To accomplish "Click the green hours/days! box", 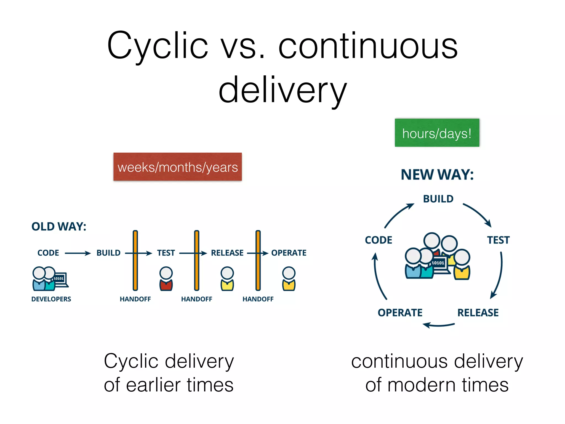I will (437, 133).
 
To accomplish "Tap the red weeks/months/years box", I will (177, 167).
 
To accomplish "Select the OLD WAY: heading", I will (59, 227).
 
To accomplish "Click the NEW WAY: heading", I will (437, 175).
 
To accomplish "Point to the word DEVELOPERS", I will (51, 299).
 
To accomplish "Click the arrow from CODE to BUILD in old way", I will (78, 253).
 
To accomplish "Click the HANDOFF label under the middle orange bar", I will (196, 299).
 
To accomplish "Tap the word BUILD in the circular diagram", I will (438, 199).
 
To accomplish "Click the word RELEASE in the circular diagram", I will (478, 313).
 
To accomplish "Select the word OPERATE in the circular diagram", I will (400, 313).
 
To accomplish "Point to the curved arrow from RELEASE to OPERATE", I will (438, 325).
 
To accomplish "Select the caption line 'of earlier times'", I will (169, 385).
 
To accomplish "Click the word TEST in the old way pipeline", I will (166, 253).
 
